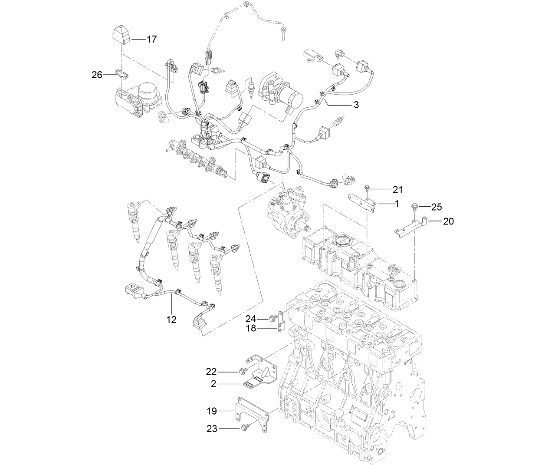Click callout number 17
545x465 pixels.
coord(151,40)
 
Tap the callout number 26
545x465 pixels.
coord(97,75)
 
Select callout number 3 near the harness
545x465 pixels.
coord(356,105)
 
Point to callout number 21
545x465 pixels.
coord(397,189)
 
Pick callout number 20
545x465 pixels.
coord(448,221)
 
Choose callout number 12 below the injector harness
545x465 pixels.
coord(172,320)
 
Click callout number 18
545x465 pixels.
coord(252,329)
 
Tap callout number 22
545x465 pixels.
coord(211,372)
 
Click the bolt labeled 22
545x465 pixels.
coord(242,371)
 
